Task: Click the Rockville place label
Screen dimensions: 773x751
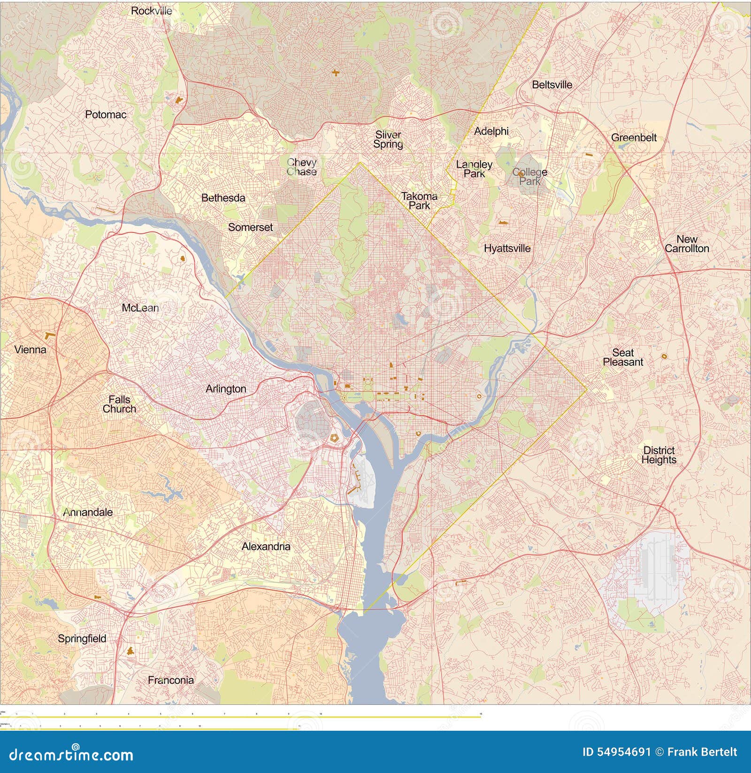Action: point(151,10)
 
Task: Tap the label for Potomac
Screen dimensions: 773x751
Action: point(106,114)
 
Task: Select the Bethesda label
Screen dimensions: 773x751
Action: point(223,198)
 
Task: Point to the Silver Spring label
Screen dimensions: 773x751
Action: point(388,139)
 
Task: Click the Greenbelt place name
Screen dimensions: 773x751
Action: point(633,138)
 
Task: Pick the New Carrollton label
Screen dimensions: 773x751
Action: point(687,244)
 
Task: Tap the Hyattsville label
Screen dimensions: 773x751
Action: point(507,248)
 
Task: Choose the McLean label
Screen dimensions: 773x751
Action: point(140,308)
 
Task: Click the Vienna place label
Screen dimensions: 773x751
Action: point(30,349)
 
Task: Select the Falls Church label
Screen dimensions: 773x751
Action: point(119,404)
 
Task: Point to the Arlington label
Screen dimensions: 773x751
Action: point(226,389)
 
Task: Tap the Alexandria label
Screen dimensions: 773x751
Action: point(266,546)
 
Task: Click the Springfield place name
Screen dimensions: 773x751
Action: point(82,638)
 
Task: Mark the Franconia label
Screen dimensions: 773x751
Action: point(170,680)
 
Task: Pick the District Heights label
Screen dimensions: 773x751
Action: point(659,455)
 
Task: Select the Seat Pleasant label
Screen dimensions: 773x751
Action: point(623,357)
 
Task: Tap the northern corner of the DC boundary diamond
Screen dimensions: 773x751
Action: point(360,163)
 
